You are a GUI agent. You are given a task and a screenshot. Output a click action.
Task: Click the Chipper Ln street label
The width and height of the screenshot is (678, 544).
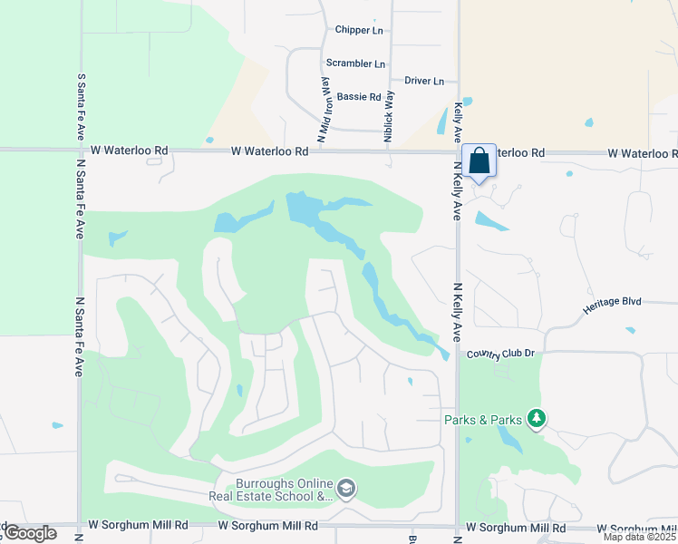359,30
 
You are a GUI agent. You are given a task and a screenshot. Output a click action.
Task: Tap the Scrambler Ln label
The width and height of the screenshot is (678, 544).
355,63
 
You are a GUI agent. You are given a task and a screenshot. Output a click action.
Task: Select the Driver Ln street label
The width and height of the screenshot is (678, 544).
424,81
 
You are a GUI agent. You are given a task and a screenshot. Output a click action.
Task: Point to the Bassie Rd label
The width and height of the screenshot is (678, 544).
358,96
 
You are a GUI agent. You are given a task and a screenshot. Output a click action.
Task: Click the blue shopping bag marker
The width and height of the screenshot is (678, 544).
479,161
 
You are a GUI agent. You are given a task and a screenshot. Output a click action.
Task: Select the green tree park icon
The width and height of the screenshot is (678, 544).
538,418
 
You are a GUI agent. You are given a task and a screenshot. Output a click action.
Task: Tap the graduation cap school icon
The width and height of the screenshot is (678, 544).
346,490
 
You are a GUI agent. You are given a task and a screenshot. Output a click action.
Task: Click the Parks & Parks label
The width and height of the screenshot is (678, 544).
483,420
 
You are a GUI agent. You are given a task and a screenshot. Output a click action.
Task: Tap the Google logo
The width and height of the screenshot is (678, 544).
29,533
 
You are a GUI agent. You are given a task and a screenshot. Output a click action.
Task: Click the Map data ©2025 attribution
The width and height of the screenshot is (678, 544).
639,537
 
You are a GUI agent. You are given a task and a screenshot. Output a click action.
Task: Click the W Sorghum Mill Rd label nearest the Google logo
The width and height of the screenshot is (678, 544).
138,525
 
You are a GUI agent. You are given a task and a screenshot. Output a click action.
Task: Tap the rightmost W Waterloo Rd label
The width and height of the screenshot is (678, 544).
642,153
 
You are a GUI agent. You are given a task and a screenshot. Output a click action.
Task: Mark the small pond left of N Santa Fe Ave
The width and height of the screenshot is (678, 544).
58,424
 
